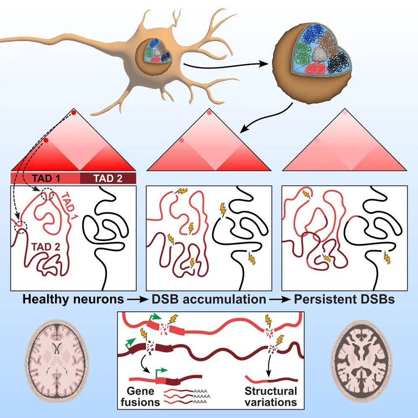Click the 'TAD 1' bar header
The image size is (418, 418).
(45, 178)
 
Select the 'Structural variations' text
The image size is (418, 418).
(271, 397)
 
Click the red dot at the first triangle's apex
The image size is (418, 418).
(73, 113)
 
